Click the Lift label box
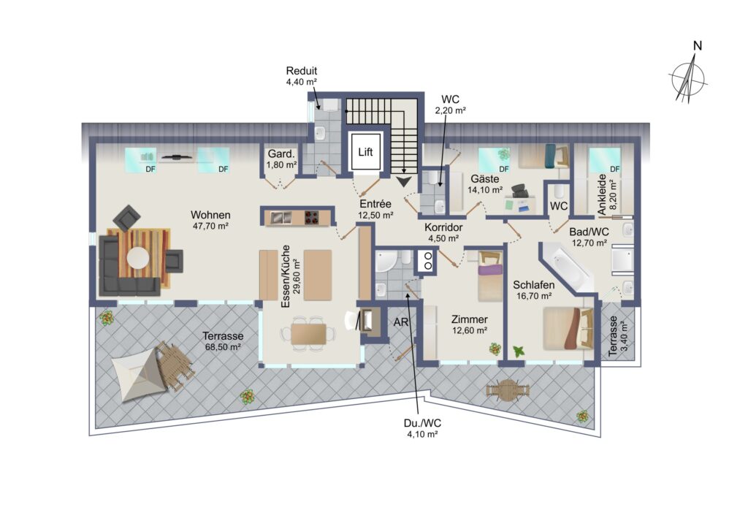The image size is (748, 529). (x=365, y=153)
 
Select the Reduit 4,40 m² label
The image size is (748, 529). (x=301, y=77)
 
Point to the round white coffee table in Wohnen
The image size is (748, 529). (x=138, y=257)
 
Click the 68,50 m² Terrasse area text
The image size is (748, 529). (x=222, y=341)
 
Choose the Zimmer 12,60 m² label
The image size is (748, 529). (x=469, y=325)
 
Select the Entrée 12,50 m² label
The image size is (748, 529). (x=375, y=210)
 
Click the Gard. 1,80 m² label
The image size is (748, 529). (x=281, y=159)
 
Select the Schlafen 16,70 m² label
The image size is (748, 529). (x=532, y=290)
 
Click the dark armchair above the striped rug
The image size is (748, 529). (x=128, y=217)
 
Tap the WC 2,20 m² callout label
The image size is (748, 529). (x=450, y=104)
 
